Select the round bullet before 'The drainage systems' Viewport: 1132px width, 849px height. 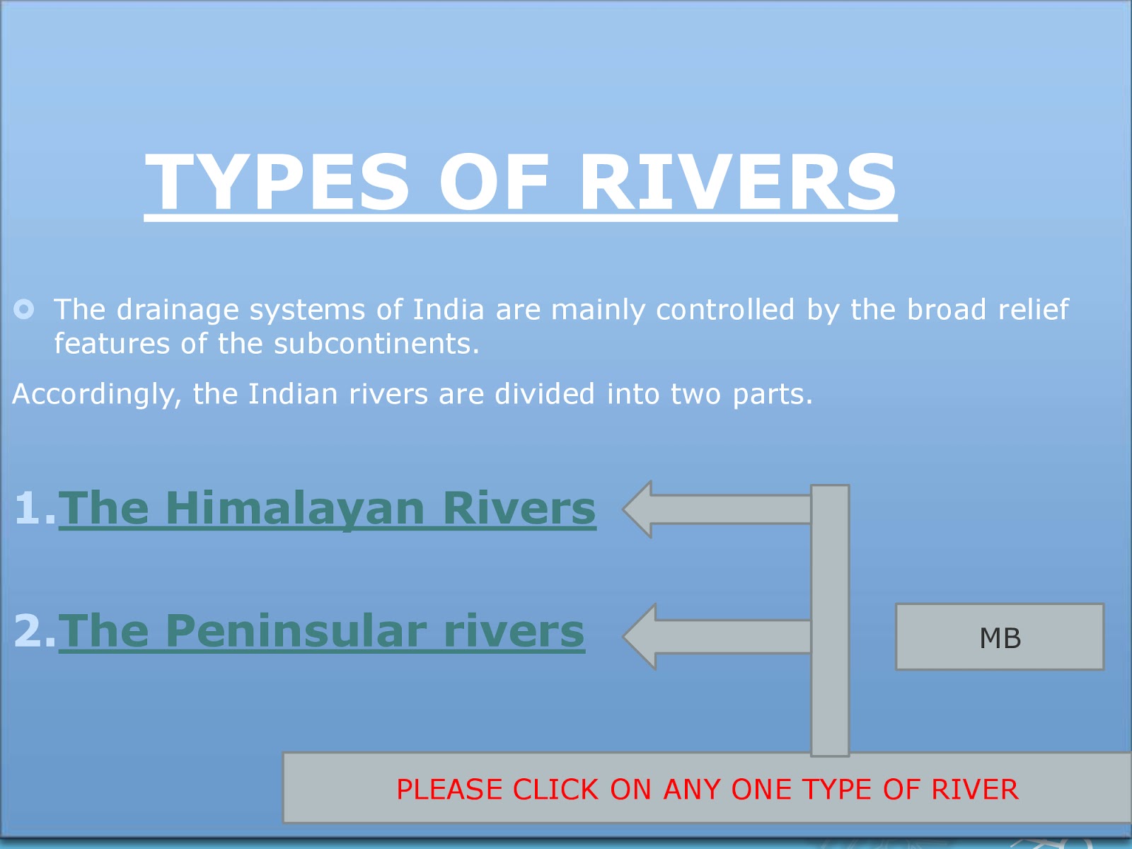coord(24,309)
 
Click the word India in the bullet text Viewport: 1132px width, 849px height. coord(449,310)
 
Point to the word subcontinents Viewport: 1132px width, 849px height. coord(376,344)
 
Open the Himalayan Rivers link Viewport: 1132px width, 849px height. coord(327,508)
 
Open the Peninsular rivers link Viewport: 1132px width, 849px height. coord(321,630)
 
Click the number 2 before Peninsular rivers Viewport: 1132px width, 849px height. coord(28,630)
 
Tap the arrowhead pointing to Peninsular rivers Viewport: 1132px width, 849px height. coord(641,636)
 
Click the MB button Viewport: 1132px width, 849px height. coord(999,637)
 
